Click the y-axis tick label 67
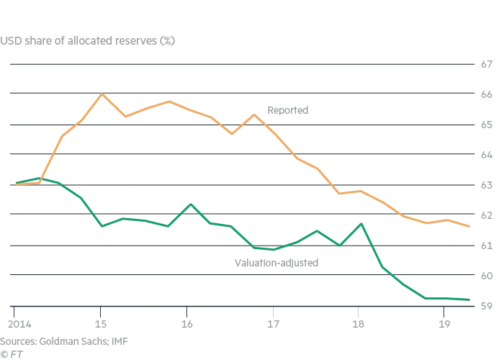click(486, 65)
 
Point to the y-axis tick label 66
click(486, 95)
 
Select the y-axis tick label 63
click(486, 186)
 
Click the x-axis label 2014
click(14, 323)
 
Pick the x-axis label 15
click(101, 323)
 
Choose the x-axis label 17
click(274, 323)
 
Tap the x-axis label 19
click(444, 323)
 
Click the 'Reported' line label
click(287, 111)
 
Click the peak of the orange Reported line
click(101, 94)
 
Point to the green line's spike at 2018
click(361, 224)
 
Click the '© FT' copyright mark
click(10, 354)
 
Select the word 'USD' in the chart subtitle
click(10, 40)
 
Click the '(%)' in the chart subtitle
click(164, 40)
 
